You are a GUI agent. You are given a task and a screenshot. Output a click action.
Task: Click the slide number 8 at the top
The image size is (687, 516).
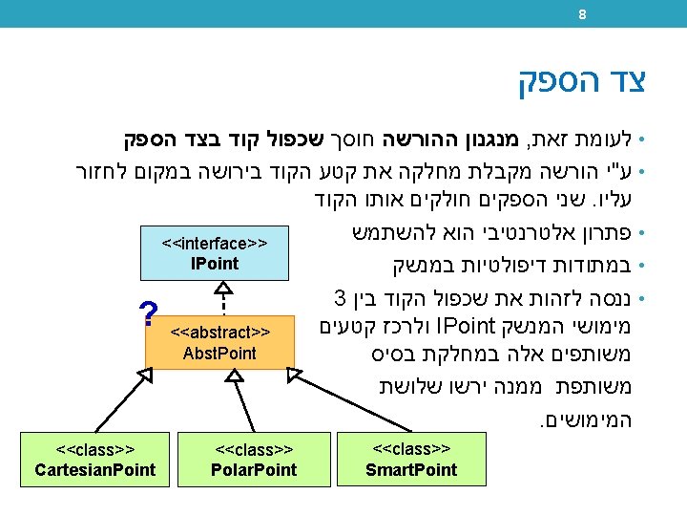[x=582, y=13]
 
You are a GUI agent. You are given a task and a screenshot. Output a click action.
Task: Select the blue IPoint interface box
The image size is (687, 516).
[x=214, y=253]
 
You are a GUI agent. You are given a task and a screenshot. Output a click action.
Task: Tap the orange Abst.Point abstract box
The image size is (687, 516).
[x=219, y=342]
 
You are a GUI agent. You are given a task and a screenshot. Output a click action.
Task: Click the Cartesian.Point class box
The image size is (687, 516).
[x=94, y=460]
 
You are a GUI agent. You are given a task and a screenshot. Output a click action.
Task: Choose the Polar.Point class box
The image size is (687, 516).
[x=254, y=460]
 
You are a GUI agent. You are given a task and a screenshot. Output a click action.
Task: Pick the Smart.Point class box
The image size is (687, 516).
[x=411, y=460]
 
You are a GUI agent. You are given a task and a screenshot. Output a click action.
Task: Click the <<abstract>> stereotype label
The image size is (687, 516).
[x=219, y=333]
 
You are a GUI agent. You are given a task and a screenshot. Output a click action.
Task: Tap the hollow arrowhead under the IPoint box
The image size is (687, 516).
[x=223, y=288]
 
